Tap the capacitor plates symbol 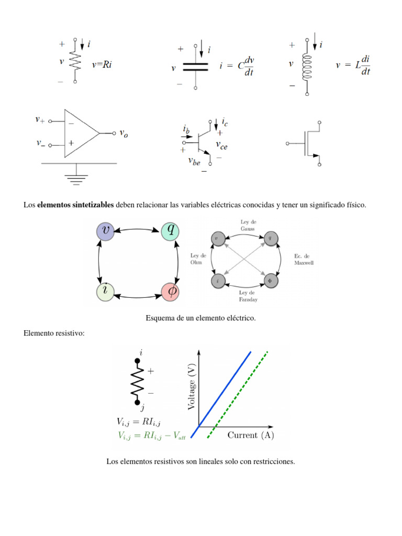(195, 66)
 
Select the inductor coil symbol (307, 68)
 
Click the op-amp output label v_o (124, 134)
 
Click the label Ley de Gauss (248, 226)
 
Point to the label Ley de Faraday (247, 296)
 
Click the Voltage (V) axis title (191, 387)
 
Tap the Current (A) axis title (251, 435)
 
